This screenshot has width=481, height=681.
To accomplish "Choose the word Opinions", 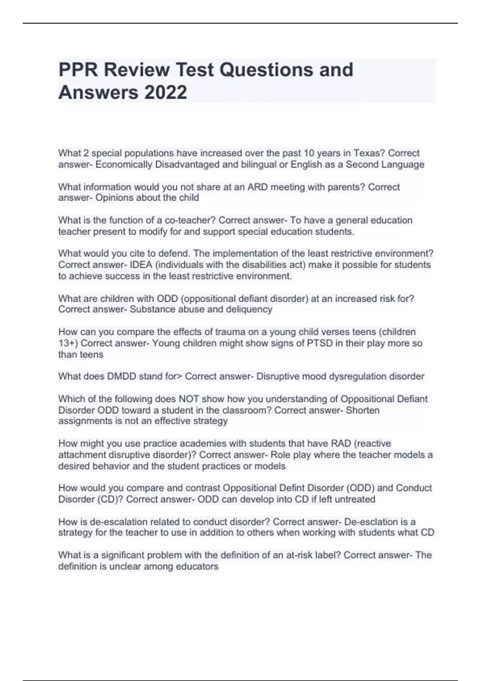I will (114, 197).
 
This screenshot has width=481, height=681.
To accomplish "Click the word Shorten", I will (363, 410).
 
